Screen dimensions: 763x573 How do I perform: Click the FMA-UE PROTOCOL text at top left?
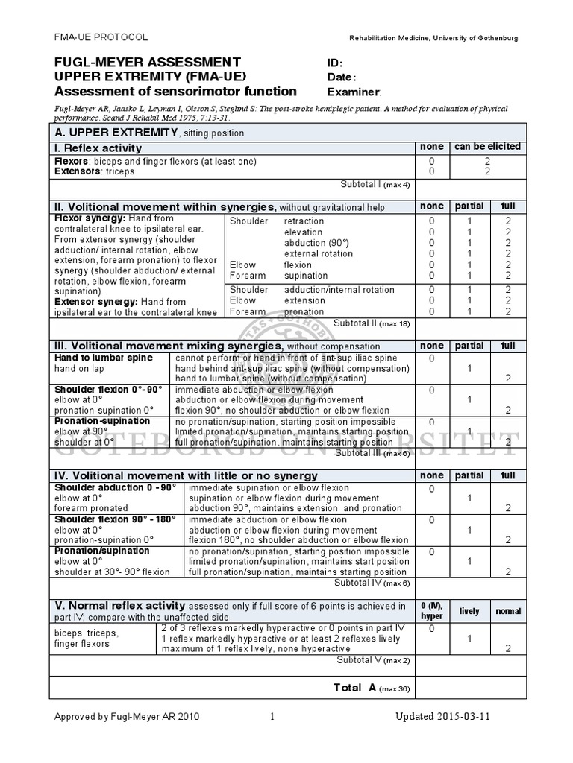tap(101, 37)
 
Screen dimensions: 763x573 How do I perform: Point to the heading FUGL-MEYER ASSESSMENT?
tap(148, 62)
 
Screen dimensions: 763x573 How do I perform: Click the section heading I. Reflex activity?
tap(98, 148)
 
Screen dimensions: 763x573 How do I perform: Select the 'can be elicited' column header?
tap(488, 147)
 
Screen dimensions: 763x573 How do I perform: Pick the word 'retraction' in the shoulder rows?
tap(304, 221)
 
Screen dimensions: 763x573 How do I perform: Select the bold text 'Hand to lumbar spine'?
tap(103, 358)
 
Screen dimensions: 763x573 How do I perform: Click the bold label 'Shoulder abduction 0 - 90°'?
tap(116, 487)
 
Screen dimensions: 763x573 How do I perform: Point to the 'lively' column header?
tap(469, 611)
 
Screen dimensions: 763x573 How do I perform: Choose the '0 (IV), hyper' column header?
tap(432, 611)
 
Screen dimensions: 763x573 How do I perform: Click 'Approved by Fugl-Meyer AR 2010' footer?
tap(127, 717)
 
